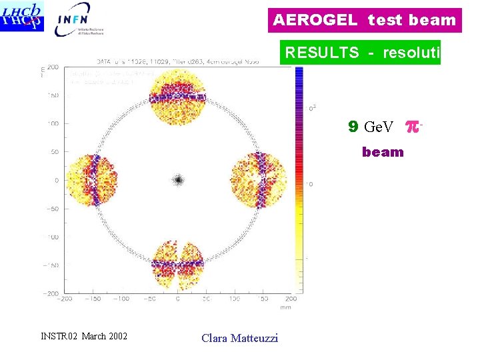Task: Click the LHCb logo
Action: (23, 17)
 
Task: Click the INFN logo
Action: (81, 19)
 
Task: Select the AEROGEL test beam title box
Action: (365, 20)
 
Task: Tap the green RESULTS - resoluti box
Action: (360, 53)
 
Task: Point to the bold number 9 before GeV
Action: (353, 126)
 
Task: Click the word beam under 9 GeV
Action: (383, 152)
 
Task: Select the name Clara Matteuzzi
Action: (239, 338)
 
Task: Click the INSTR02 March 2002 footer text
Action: (83, 335)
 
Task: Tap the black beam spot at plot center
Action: (178, 179)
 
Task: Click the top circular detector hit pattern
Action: (177, 97)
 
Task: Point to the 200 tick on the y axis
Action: (52, 67)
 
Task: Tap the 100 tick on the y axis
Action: (52, 123)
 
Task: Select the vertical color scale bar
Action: (298, 180)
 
